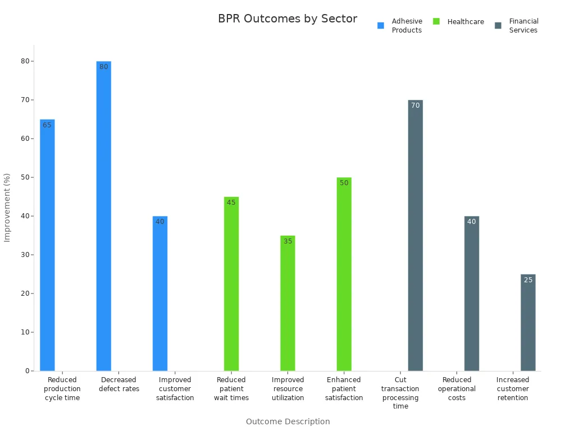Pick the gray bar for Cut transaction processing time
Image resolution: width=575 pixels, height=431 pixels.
[415, 236]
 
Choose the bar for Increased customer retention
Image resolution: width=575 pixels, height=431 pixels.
[528, 323]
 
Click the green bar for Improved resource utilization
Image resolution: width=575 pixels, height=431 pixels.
[287, 303]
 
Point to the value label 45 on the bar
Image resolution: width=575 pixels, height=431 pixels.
[231, 203]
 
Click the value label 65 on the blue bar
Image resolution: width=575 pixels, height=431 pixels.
[47, 125]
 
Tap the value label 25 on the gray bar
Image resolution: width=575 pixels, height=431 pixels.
[528, 280]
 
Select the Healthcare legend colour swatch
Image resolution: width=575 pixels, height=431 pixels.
[436, 21]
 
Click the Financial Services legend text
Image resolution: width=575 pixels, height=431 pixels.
[523, 26]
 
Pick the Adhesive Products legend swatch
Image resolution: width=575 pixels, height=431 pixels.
[381, 25]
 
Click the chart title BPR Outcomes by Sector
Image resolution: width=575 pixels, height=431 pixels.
[287, 19]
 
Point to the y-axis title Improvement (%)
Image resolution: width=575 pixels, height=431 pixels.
[7, 208]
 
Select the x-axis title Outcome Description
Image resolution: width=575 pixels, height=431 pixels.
[287, 421]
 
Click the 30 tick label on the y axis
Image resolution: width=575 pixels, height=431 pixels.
[25, 255]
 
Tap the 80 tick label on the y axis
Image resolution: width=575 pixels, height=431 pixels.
[25, 61]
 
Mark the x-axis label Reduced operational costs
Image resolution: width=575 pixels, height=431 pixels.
[457, 389]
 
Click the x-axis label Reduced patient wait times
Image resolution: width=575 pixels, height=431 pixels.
[231, 389]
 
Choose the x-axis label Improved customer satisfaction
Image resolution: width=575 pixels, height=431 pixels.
[175, 389]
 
